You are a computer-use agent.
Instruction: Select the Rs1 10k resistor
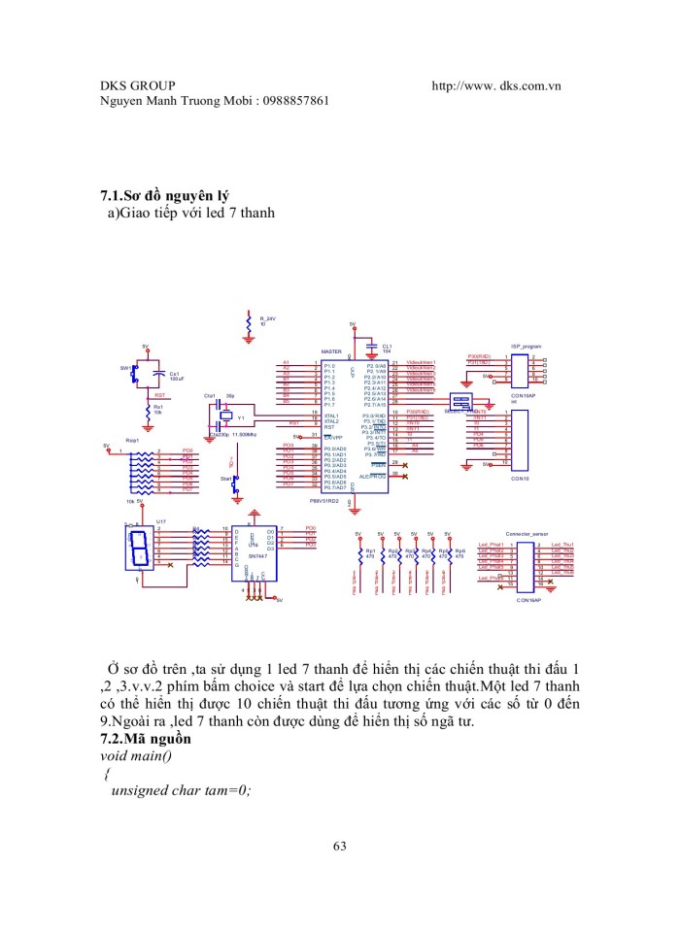[147, 410]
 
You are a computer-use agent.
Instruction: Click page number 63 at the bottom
[339, 847]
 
